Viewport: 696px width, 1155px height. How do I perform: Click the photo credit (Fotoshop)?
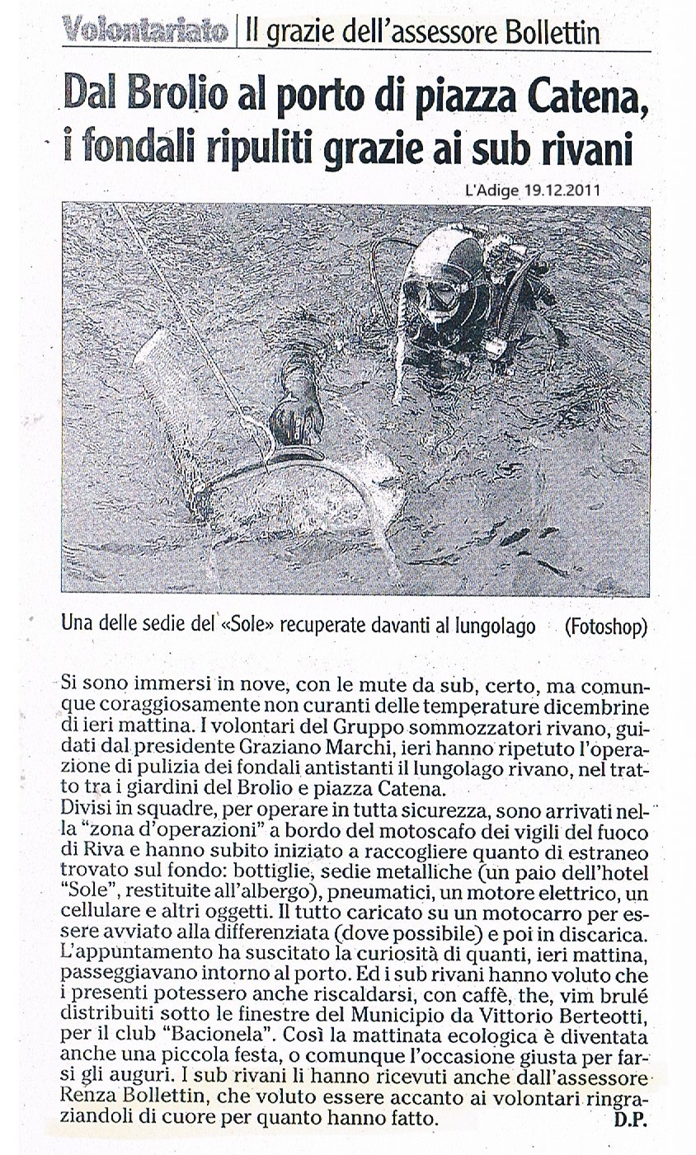click(x=605, y=627)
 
